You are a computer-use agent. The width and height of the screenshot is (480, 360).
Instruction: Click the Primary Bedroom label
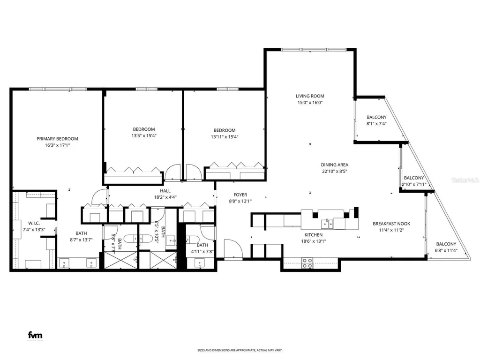tap(57, 139)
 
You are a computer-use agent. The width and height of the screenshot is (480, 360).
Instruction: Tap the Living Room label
tap(310, 96)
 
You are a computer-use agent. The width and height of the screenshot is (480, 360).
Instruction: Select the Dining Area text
tap(334, 165)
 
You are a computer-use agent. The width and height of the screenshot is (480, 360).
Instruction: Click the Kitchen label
tap(313, 235)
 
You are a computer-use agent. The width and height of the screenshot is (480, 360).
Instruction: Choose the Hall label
tap(165, 191)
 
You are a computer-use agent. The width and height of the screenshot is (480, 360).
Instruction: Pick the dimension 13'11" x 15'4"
tap(224, 137)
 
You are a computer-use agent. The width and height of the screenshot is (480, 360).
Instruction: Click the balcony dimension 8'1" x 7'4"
tap(376, 123)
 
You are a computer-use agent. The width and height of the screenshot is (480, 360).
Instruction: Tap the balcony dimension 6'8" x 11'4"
tap(446, 250)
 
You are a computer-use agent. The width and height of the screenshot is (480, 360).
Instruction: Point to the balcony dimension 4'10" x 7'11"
tap(414, 184)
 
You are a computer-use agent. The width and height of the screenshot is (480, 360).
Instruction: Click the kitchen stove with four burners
tap(307, 263)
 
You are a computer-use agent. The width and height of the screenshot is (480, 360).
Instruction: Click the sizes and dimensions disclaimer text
tap(239, 350)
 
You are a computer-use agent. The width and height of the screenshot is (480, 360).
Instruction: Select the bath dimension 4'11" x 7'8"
tap(202, 251)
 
